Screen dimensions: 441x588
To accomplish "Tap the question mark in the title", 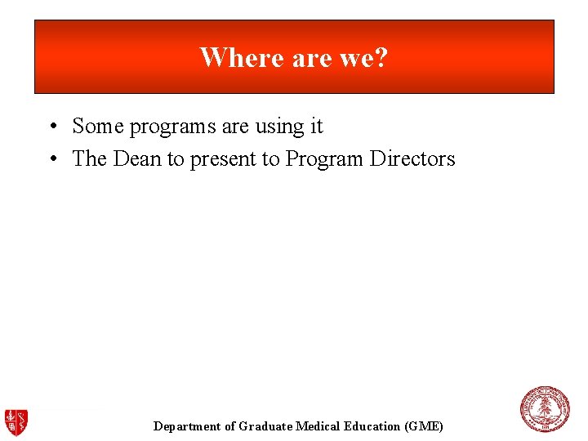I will (381, 58).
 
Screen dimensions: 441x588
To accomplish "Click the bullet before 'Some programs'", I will (51, 127).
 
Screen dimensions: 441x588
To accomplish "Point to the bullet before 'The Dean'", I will (51, 159).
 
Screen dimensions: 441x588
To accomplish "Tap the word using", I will (278, 127).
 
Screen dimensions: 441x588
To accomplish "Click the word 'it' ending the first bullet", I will (315, 127).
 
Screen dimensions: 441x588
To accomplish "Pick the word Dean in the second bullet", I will (137, 159).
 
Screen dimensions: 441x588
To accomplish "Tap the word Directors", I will (412, 159).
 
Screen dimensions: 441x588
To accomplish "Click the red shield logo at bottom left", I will (16, 421).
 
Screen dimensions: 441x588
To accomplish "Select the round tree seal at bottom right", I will (545, 409).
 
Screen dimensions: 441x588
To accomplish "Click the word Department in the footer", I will (187, 426).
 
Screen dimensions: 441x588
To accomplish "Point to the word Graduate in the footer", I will (265, 426).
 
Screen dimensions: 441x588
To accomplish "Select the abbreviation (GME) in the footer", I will (425, 426).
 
